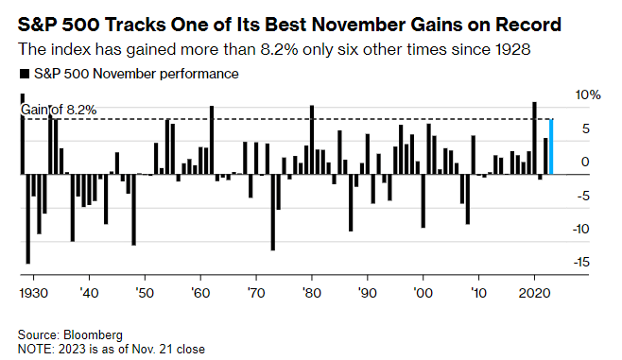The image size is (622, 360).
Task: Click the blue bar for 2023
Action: [551, 146]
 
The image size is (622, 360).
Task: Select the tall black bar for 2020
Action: [534, 138]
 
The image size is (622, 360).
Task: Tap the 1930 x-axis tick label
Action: [34, 293]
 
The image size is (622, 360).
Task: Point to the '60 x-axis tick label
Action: [200, 293]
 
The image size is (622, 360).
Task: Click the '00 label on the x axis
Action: [423, 293]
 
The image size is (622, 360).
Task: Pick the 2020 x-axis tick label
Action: [535, 293]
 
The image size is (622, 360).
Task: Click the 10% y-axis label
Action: [588, 95]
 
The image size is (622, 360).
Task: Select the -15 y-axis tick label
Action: [581, 262]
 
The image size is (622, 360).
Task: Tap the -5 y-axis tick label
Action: [583, 196]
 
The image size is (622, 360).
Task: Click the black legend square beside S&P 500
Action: [25, 74]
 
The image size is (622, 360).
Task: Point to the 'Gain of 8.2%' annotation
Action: [59, 110]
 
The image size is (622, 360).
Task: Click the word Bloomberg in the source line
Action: [93, 335]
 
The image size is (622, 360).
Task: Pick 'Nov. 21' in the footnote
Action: [153, 350]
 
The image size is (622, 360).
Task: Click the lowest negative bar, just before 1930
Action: [27, 219]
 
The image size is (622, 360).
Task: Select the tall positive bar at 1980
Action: [312, 140]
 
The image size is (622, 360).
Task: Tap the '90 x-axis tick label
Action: [368, 293]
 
